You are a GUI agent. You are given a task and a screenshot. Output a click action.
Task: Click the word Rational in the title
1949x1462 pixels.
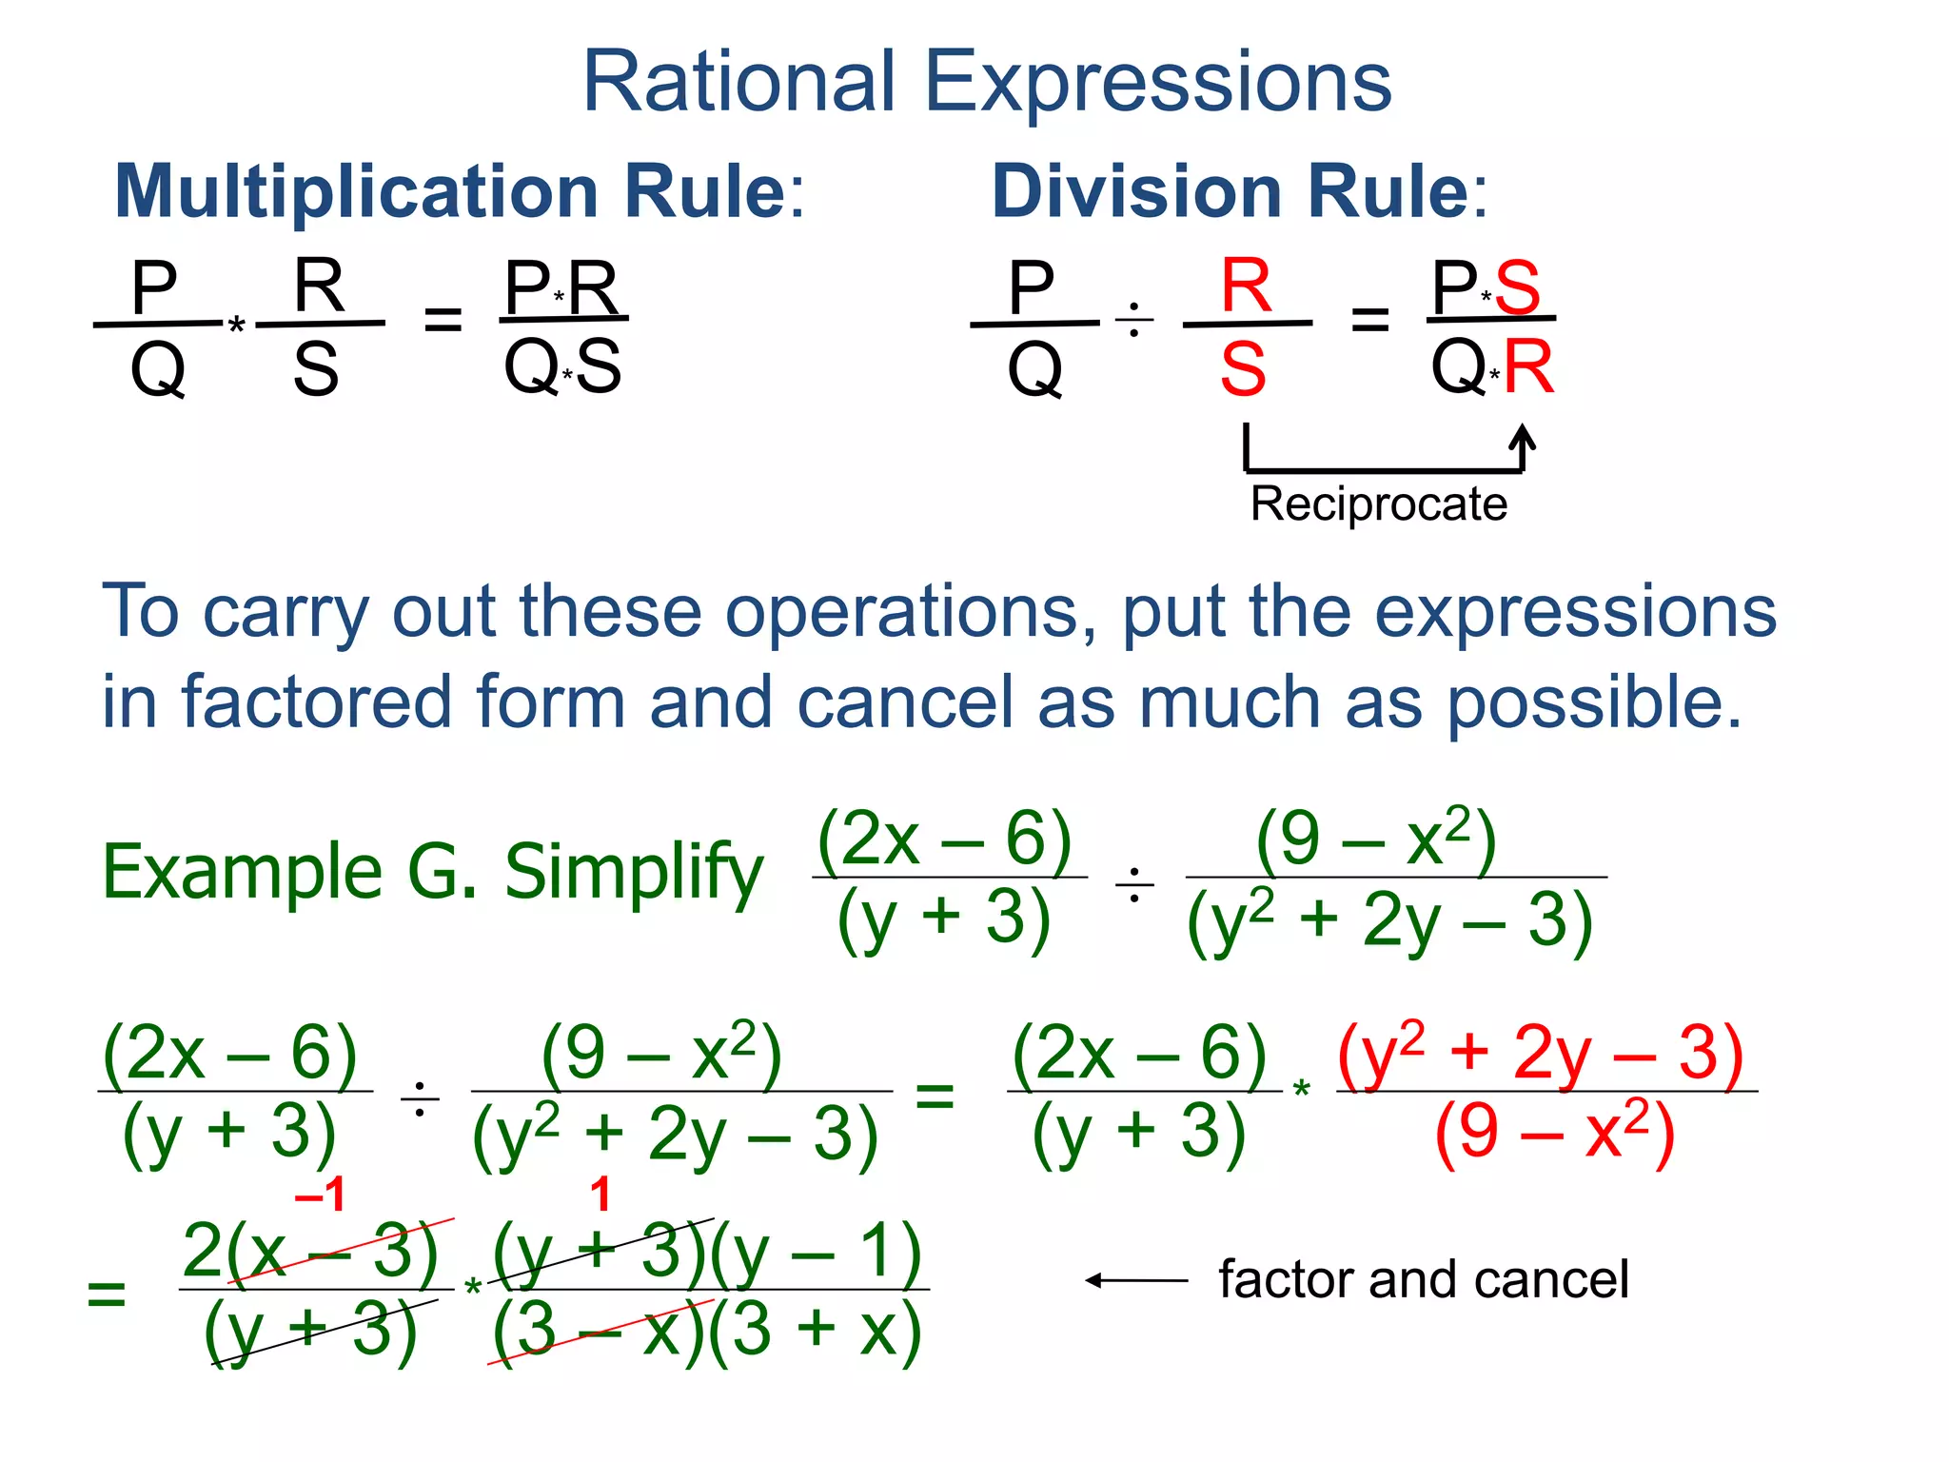click(x=738, y=82)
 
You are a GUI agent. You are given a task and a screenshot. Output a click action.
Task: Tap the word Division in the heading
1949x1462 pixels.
click(x=1137, y=191)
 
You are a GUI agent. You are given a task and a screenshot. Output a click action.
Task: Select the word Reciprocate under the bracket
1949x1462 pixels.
click(x=1378, y=504)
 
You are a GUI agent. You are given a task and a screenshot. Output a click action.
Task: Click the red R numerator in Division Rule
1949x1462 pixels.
click(x=1246, y=286)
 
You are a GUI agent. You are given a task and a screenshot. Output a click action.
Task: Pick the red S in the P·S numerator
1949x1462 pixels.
click(x=1517, y=287)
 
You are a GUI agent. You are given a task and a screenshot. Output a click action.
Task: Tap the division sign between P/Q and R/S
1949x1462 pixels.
click(x=1133, y=322)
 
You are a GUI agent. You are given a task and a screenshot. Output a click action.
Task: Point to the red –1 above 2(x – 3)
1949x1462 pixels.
click(x=320, y=1194)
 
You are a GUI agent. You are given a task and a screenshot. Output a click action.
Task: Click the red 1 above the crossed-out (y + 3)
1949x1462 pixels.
click(x=600, y=1194)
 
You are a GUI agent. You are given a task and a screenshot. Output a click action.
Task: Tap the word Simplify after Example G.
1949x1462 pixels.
click(x=633, y=872)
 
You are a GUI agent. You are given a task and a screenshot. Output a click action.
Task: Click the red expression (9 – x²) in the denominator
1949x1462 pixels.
click(x=1553, y=1133)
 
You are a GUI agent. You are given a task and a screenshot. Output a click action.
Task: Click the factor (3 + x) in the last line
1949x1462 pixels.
click(x=815, y=1331)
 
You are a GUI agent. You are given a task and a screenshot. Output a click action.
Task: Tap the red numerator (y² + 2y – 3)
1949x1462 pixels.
click(x=1541, y=1053)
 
